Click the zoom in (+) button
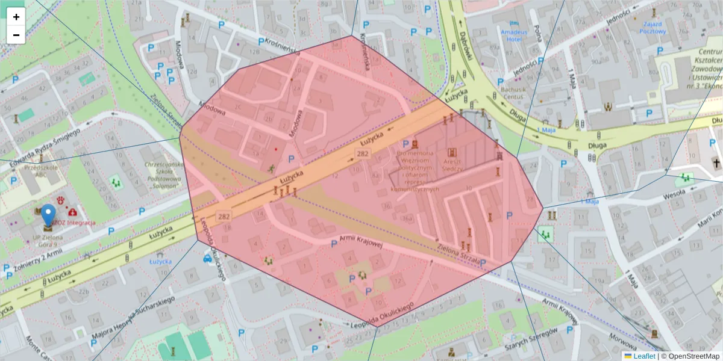pos(16,17)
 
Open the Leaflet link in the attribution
pos(644,356)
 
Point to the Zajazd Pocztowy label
pos(653,27)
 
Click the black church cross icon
pos(716,163)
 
